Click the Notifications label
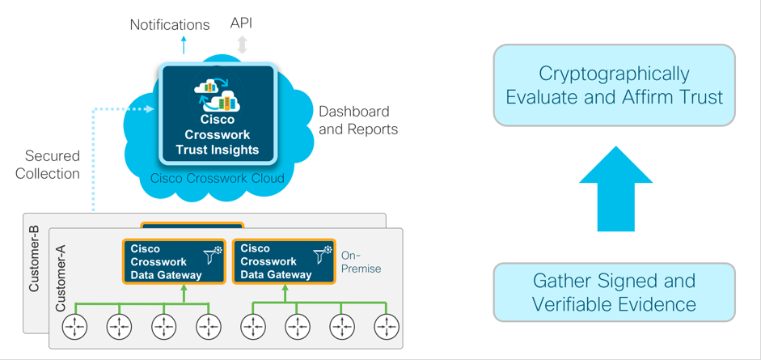(x=170, y=25)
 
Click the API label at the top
(x=241, y=23)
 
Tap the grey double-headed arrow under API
(x=242, y=44)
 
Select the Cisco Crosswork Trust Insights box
(x=218, y=113)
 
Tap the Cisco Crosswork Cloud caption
(x=218, y=178)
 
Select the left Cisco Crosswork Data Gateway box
(x=174, y=261)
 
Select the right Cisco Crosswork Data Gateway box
(x=284, y=261)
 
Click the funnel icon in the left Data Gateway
(x=213, y=256)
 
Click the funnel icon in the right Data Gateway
(x=323, y=256)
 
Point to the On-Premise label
(x=361, y=262)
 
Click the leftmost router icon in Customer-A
(x=74, y=327)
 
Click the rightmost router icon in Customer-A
(x=386, y=327)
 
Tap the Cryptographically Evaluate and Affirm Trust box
(x=615, y=85)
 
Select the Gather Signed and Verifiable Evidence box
(x=615, y=292)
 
